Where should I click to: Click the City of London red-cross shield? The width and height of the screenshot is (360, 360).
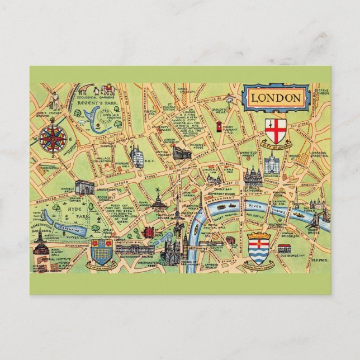tap(274, 130)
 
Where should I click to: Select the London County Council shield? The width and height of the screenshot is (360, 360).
tap(258, 244)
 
